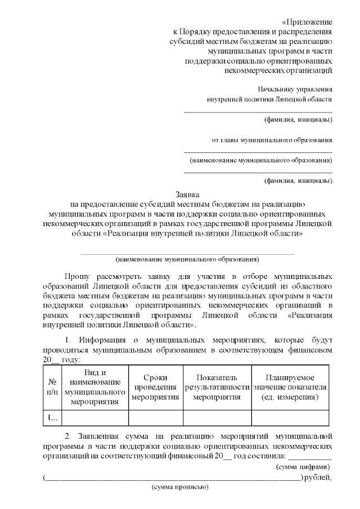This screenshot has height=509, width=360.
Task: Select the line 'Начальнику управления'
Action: (295, 89)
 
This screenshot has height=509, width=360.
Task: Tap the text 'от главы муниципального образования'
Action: (271, 140)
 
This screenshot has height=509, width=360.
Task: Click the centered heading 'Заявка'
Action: (187, 194)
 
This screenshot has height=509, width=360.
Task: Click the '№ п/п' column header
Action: (52, 387)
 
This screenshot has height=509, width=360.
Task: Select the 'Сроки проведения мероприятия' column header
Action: (155, 387)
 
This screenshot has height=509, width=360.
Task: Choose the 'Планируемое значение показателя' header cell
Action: (290, 387)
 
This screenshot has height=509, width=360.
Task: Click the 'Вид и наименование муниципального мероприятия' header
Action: (94, 387)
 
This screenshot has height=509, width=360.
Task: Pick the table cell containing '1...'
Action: (52, 417)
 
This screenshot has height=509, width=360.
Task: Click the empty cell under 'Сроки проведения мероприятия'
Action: (155, 417)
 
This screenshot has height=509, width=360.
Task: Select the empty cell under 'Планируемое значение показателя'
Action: (290, 417)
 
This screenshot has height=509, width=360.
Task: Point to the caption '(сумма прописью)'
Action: (180, 487)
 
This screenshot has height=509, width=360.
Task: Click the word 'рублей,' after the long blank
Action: (318, 478)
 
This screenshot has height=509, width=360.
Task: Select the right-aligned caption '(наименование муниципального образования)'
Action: (261, 160)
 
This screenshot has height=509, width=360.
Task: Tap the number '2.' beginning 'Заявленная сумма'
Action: (69, 436)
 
